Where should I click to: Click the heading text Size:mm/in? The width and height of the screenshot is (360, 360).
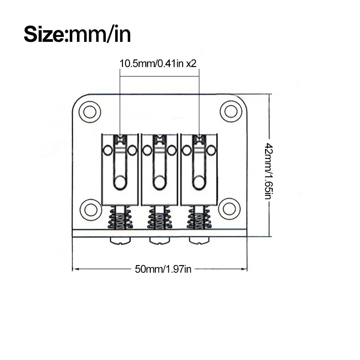tap(77, 35)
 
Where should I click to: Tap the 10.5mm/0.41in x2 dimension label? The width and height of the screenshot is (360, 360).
tap(158, 63)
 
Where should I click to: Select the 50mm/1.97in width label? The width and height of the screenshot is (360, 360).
tap(163, 269)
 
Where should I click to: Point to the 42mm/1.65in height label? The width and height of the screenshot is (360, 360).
tap(269, 171)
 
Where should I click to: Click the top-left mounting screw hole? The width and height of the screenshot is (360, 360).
tap(90, 112)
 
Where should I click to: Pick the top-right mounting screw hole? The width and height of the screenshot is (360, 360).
tap(231, 111)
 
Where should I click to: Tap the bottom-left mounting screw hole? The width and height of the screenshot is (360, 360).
tap(91, 210)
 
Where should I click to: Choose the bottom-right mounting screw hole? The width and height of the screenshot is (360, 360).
tap(229, 209)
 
